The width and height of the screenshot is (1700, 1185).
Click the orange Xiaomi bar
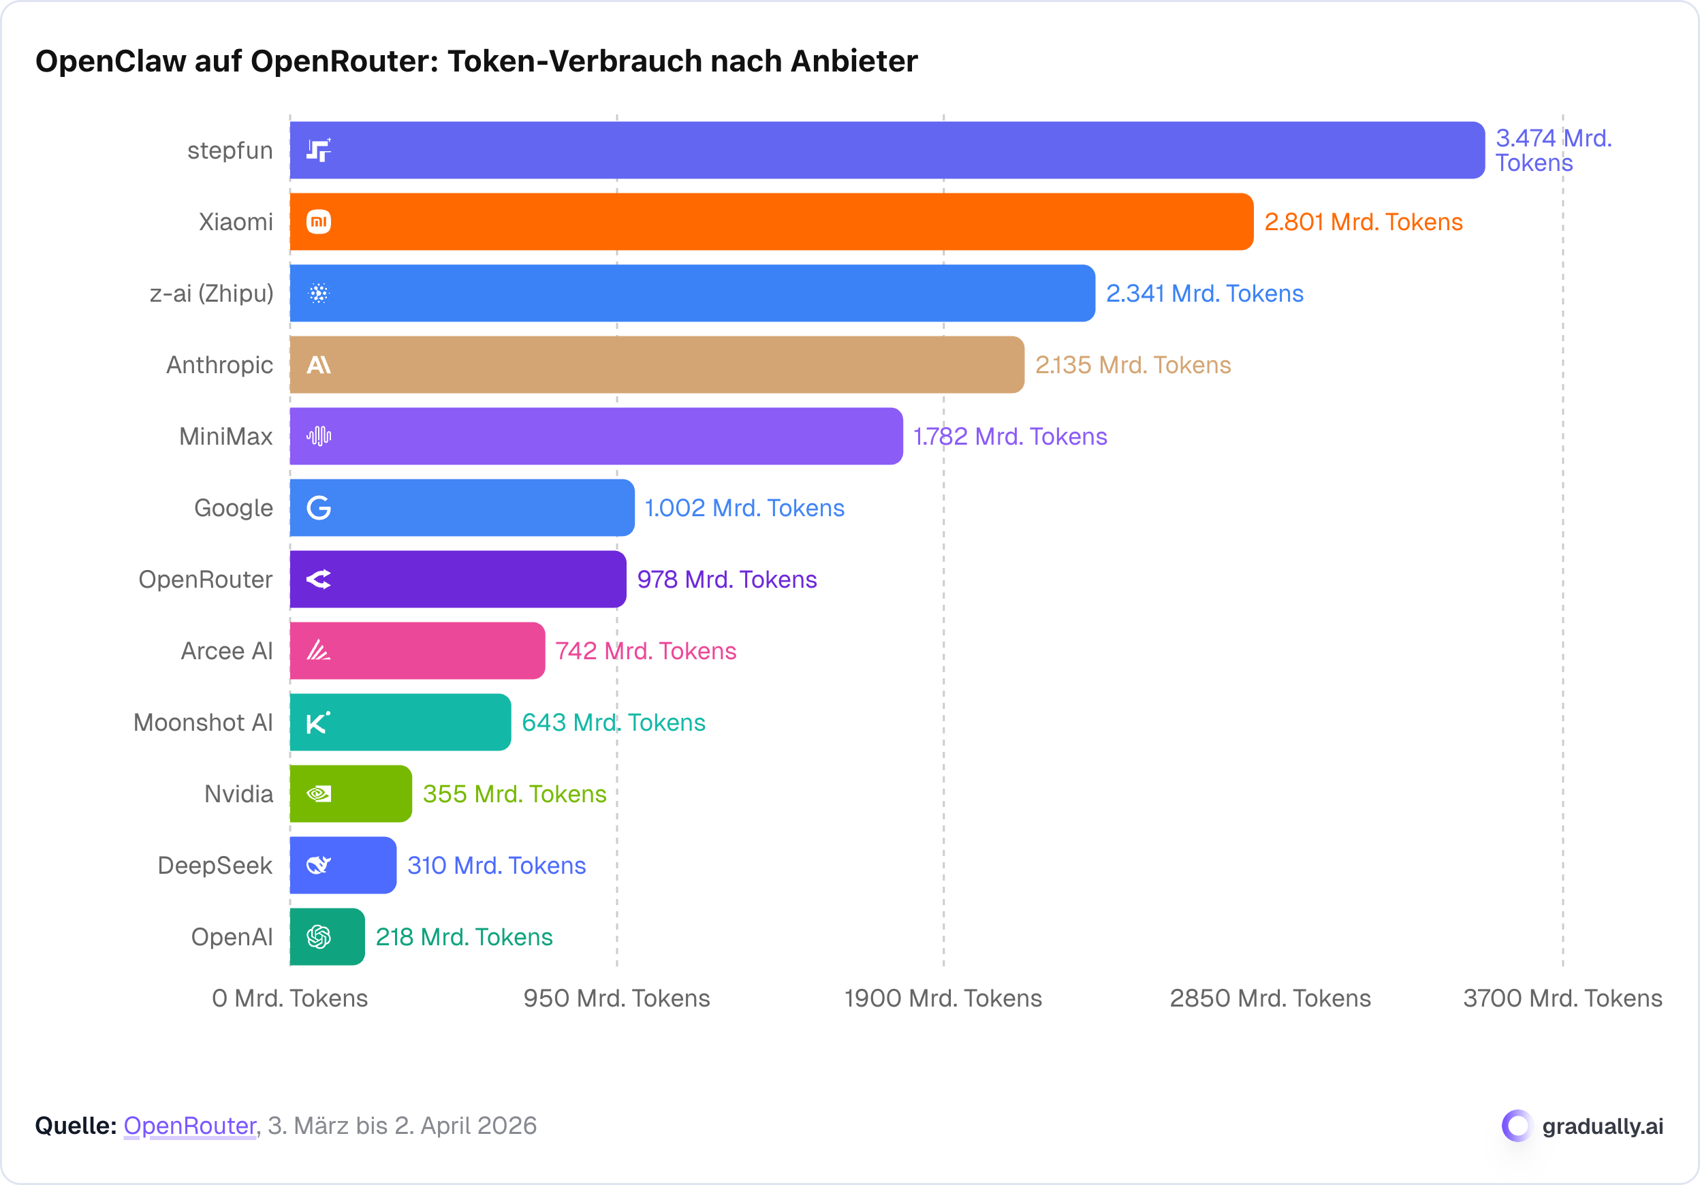[x=770, y=222]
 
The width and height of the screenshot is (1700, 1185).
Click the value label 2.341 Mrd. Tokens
[x=1205, y=294]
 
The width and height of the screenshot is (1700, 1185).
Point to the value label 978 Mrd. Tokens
[x=727, y=580]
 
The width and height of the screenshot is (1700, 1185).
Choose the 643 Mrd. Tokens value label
[x=614, y=723]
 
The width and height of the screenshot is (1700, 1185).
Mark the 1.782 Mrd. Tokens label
[x=1011, y=437]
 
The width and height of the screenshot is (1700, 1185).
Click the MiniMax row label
[x=226, y=437]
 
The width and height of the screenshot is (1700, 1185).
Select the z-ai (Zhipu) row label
[x=212, y=294]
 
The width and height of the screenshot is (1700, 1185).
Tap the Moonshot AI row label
[x=203, y=723]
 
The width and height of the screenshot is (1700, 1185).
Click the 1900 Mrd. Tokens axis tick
[x=943, y=998]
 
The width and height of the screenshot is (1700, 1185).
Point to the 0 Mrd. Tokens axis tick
[x=290, y=998]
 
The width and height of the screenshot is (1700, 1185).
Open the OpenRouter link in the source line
[x=189, y=1126]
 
